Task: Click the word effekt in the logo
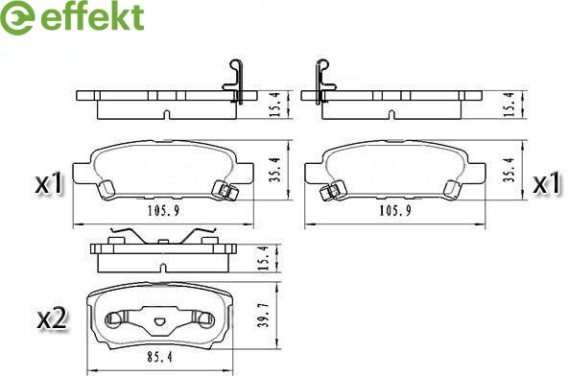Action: coord(93,17)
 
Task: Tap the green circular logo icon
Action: coord(17,18)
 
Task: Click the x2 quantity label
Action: coord(53,318)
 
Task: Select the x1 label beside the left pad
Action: coord(49,183)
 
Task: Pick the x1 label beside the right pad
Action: coord(547,183)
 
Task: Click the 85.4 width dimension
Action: coord(159,357)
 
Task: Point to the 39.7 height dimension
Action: coord(264,316)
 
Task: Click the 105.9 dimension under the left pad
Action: coord(163,210)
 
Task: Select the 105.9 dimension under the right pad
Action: coord(395,210)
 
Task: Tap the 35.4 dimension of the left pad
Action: coord(275,170)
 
